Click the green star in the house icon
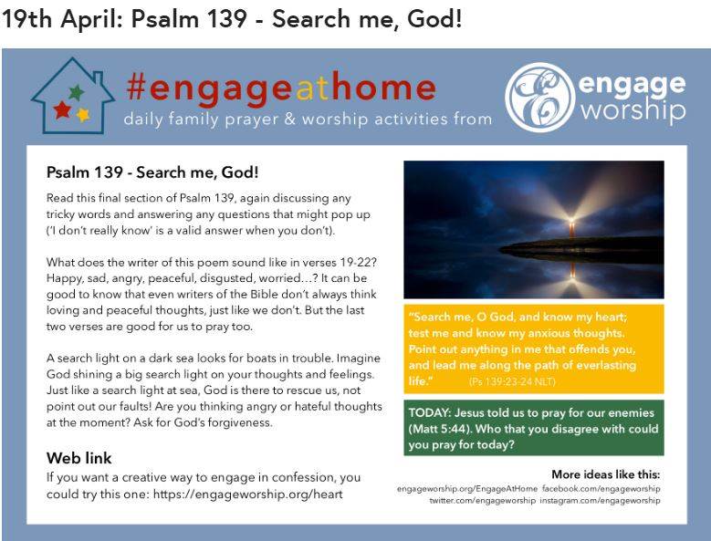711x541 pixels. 76,92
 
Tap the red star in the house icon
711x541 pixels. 62,109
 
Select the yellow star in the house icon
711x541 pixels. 83,115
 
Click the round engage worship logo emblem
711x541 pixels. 540,98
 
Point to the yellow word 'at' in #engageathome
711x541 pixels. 311,88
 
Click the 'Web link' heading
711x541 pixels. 78,458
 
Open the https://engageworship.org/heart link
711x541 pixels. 247,494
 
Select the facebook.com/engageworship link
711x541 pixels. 601,489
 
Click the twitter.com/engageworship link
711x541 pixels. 483,501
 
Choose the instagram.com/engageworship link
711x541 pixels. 600,501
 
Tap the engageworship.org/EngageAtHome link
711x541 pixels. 467,489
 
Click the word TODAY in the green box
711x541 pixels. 429,412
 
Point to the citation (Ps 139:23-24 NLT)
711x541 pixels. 512,381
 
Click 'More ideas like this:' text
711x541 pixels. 606,474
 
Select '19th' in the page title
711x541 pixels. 26,19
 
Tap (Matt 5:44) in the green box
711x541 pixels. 439,429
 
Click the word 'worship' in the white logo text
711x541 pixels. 633,110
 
